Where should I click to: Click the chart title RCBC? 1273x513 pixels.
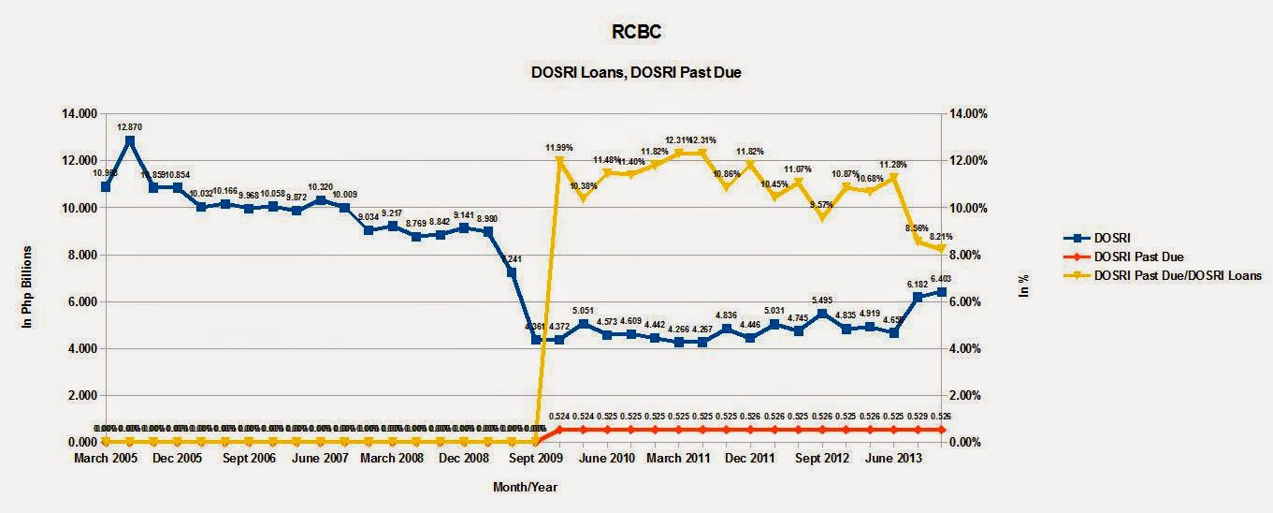(637, 33)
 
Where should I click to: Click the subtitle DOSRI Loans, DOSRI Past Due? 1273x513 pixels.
(637, 72)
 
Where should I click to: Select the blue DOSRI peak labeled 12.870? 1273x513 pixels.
(130, 140)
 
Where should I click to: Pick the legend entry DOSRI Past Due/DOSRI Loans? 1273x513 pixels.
(1178, 275)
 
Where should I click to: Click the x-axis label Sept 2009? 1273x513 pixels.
(535, 459)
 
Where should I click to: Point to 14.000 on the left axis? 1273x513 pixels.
(78, 113)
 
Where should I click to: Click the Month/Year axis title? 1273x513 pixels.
(525, 487)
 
